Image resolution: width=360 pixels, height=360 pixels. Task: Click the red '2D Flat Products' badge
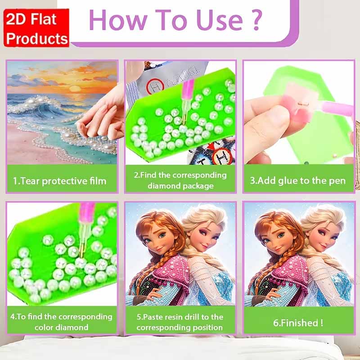(x=36, y=28)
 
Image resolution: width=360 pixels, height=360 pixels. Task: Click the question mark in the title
(x=257, y=20)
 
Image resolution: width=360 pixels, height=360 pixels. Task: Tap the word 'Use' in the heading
(x=220, y=20)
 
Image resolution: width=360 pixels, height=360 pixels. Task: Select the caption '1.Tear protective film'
(x=60, y=181)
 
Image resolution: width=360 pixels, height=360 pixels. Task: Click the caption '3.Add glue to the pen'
(x=298, y=181)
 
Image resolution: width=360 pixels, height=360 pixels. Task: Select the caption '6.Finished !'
(x=298, y=323)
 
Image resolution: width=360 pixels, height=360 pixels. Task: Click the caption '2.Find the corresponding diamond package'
(x=180, y=180)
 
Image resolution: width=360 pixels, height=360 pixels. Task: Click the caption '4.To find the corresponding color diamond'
(x=61, y=322)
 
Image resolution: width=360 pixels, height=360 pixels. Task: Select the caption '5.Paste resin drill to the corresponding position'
(x=180, y=322)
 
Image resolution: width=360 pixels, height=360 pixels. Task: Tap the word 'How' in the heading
(x=117, y=20)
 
